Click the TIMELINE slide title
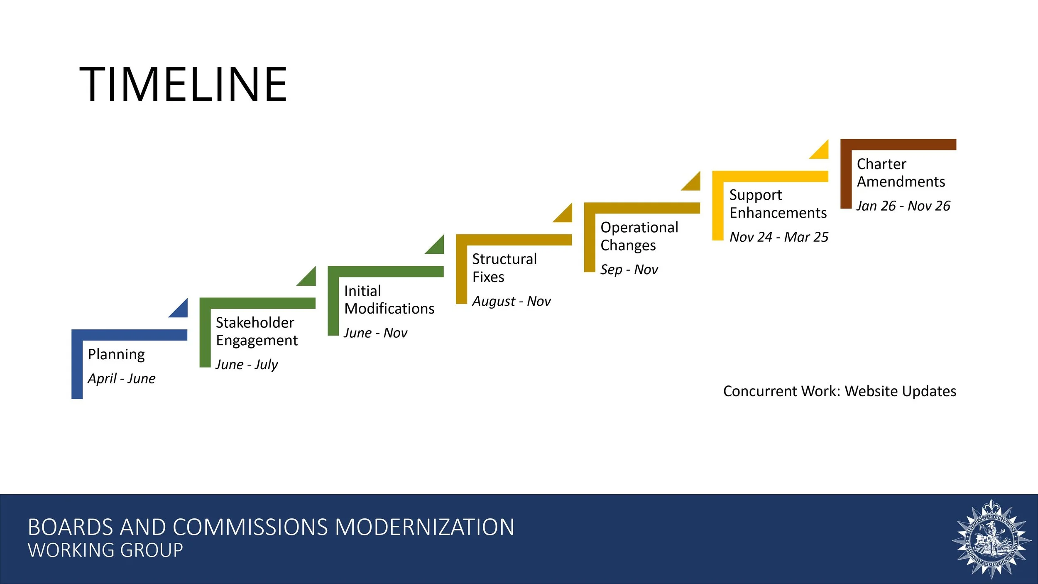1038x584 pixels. click(x=183, y=84)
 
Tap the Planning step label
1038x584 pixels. click(x=116, y=354)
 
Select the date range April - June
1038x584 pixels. click(x=122, y=378)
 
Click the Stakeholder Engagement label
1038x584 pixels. click(x=256, y=331)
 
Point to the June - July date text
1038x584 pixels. click(x=247, y=364)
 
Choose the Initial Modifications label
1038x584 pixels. click(x=389, y=299)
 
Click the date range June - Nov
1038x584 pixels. click(x=375, y=333)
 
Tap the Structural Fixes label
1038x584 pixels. click(x=504, y=268)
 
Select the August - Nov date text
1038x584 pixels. click(x=511, y=301)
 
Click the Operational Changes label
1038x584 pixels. click(x=639, y=236)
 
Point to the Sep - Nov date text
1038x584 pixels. click(x=629, y=270)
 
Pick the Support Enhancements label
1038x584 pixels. click(x=778, y=204)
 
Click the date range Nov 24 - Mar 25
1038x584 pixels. click(x=779, y=237)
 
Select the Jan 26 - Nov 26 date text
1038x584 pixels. click(x=903, y=206)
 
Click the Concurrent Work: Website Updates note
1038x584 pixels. click(x=840, y=391)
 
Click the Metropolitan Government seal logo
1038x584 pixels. click(x=991, y=539)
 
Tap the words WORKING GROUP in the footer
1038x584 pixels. click(x=105, y=550)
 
